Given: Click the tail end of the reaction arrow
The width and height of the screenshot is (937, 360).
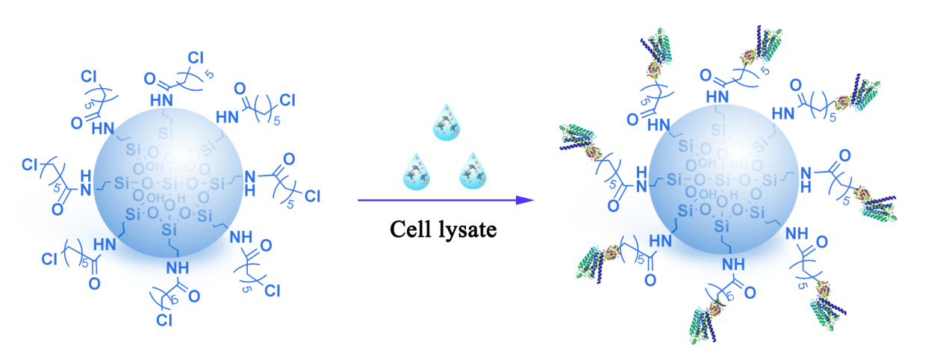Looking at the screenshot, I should pos(360,200).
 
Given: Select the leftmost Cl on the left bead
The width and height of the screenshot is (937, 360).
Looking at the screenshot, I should pos(31,164).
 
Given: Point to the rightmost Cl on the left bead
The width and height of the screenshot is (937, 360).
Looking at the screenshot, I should pos(312,196).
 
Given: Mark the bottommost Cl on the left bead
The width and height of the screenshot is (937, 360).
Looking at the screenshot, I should pos(165,321).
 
